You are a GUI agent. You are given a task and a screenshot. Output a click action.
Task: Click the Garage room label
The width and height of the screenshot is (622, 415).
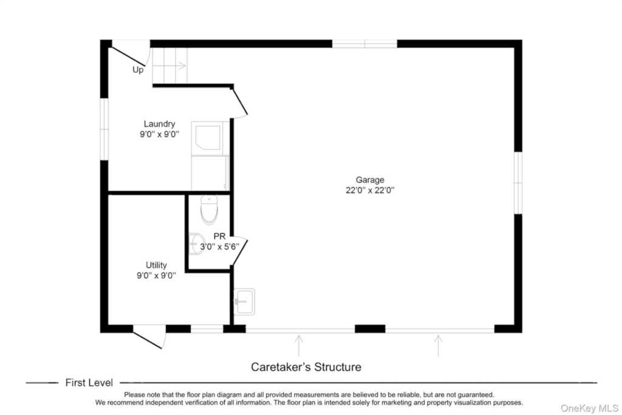(370, 180)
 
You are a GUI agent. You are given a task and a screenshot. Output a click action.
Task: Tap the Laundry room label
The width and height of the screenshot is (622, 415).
(159, 124)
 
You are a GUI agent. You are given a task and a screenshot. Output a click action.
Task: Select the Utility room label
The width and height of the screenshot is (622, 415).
(156, 265)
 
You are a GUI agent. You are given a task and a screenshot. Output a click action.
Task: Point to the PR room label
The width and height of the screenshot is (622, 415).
(219, 236)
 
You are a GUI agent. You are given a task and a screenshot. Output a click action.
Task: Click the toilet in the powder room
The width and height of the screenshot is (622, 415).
(209, 208)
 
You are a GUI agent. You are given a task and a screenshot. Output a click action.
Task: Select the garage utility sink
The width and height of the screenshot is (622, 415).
(244, 301)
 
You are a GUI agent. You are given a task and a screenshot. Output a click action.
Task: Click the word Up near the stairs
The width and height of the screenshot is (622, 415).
(138, 70)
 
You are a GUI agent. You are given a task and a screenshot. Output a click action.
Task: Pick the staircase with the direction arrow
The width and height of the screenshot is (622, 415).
(169, 65)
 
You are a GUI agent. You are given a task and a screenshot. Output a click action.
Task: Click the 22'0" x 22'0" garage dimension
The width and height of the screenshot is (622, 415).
(370, 190)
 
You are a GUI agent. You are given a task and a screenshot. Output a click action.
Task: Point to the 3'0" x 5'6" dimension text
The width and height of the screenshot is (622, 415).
(220, 246)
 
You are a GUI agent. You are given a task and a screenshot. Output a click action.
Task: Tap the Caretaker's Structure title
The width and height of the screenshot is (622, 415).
(306, 367)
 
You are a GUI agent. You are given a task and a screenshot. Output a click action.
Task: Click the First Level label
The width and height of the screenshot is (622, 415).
(89, 383)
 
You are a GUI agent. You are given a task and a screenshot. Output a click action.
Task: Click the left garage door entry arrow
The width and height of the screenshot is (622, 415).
(298, 345)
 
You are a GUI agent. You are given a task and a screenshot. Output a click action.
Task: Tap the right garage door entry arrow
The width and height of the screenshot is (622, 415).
(438, 345)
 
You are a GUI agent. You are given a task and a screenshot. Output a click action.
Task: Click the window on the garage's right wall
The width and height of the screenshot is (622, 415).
(518, 182)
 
